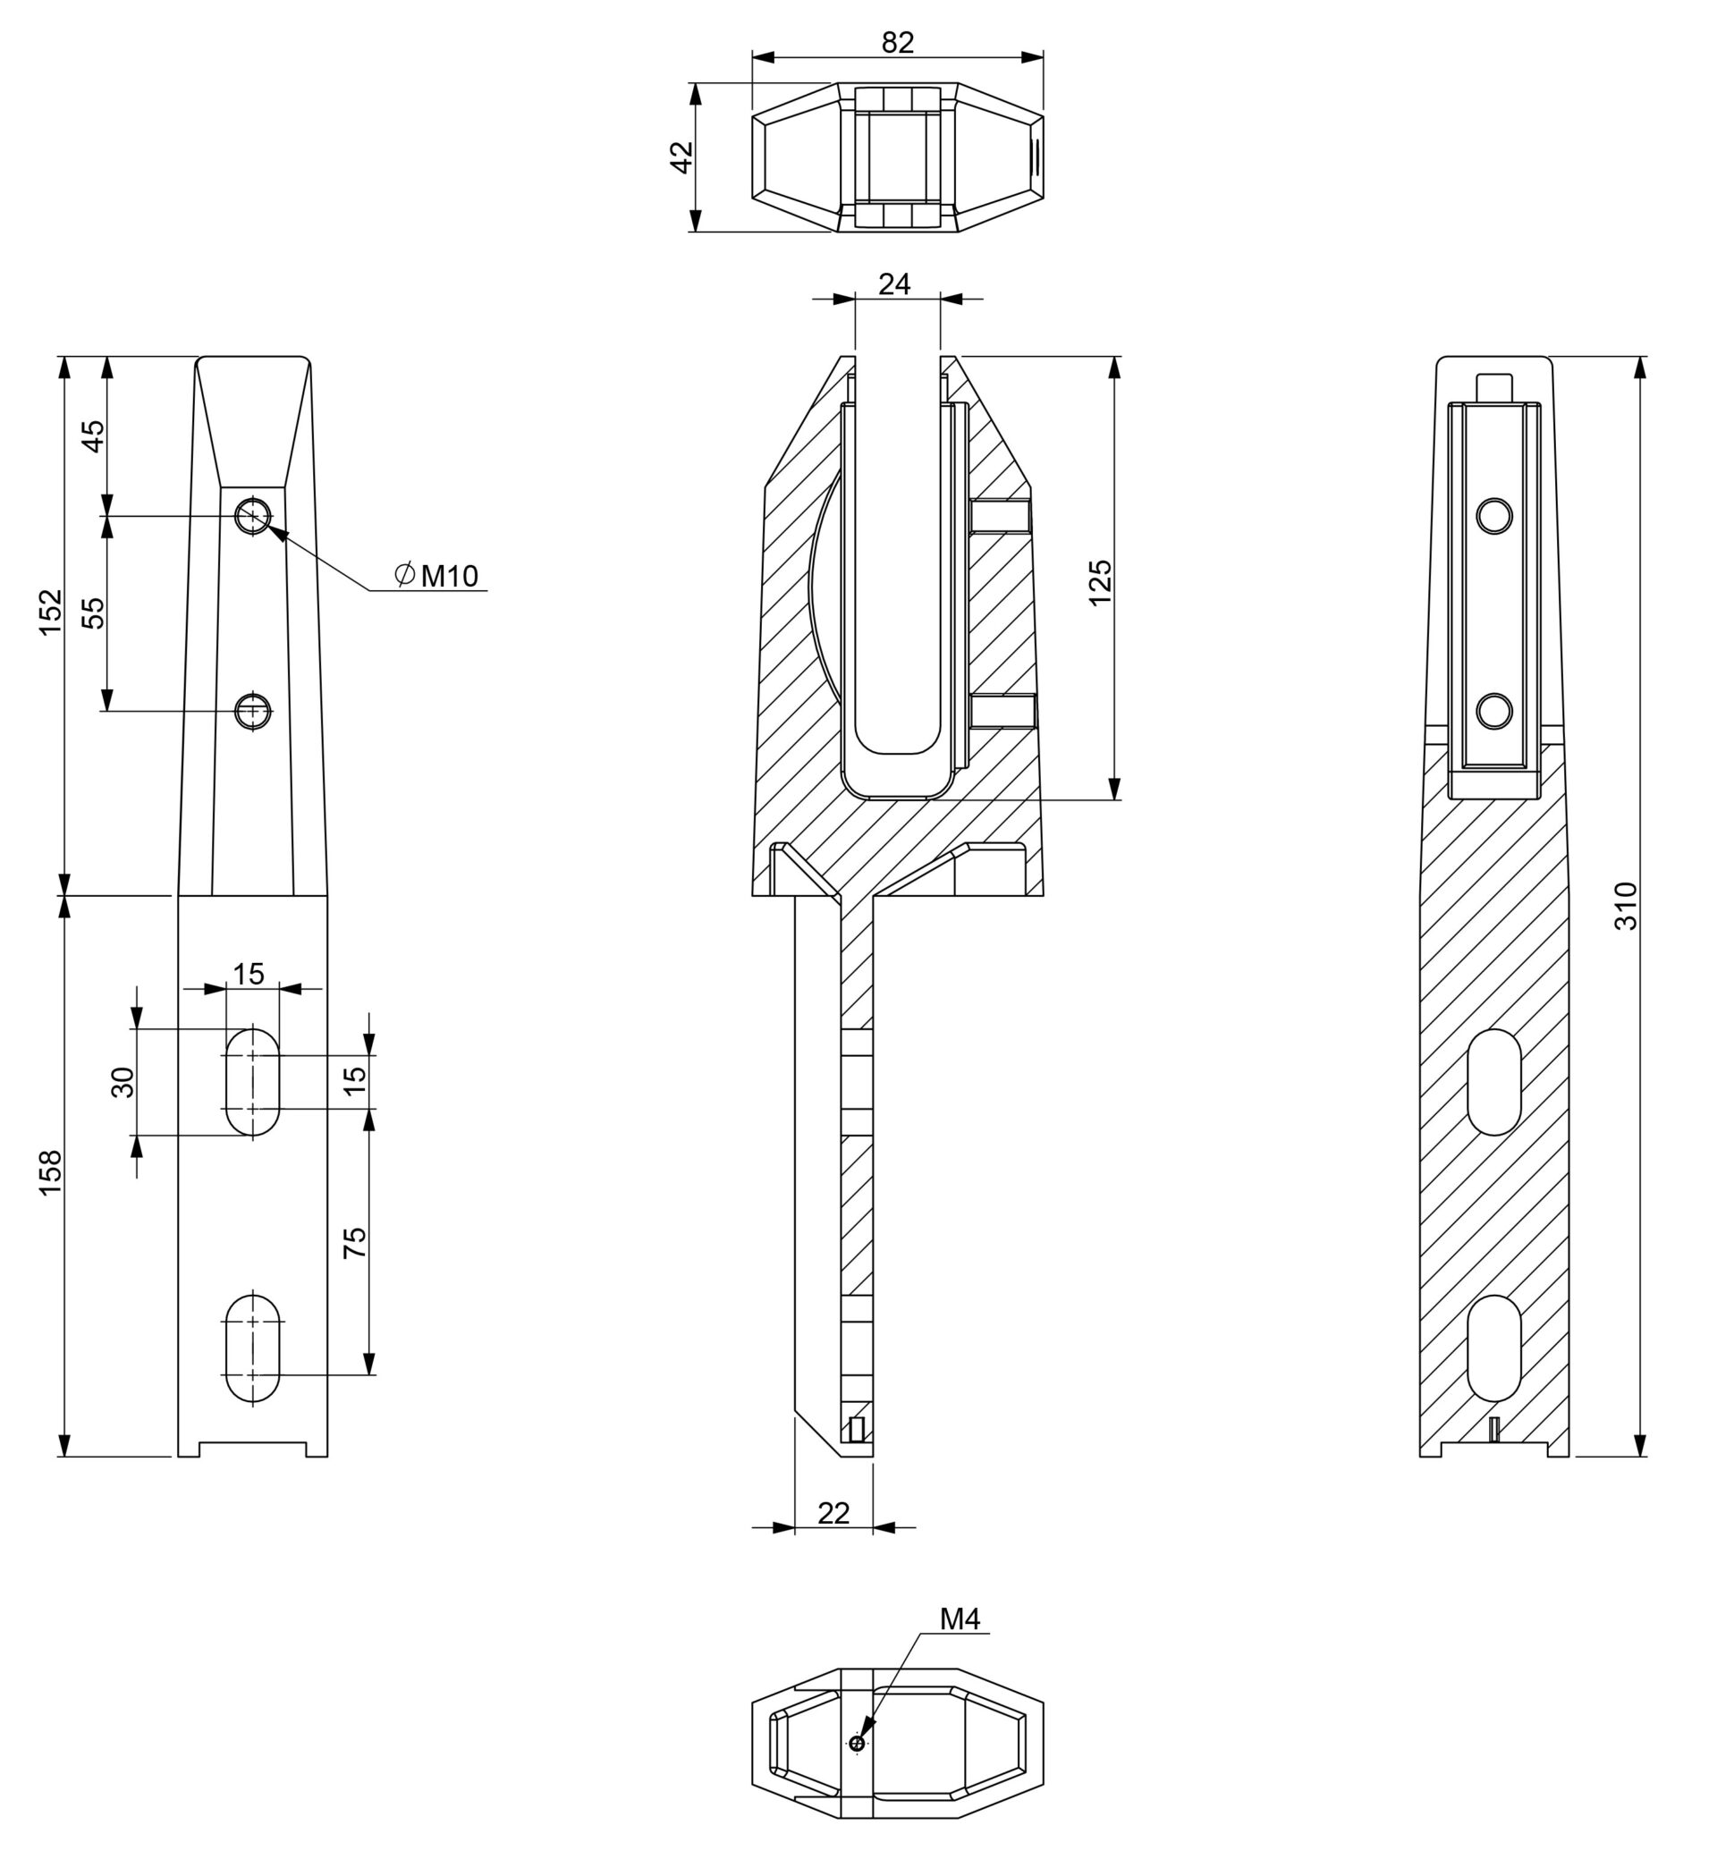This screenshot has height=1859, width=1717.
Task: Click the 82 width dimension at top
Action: coord(898,43)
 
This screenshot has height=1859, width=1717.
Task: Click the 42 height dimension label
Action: coord(682,157)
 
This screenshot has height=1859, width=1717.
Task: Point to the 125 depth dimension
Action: coord(1100,581)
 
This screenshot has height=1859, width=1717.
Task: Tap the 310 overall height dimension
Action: coord(1625,906)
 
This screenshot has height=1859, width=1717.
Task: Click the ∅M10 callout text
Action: coord(436,576)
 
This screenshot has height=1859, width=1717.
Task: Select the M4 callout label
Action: coord(960,1618)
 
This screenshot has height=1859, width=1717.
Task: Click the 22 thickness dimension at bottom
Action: coord(833,1513)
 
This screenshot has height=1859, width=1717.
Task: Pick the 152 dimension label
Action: coord(50,612)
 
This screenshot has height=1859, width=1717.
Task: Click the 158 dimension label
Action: coord(50,1172)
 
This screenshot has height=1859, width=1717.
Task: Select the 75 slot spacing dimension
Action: coord(355,1242)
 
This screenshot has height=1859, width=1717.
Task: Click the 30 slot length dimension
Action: coord(123,1082)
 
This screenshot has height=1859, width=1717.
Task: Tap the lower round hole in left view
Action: coord(253,711)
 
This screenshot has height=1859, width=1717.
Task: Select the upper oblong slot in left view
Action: coord(253,1081)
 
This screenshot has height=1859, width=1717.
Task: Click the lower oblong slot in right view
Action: coord(1494,1348)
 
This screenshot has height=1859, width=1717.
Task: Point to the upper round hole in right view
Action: coord(1494,515)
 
